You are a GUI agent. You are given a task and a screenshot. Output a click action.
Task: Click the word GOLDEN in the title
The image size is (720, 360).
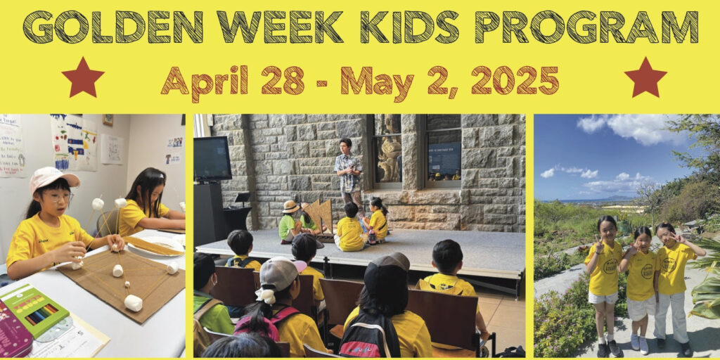112,27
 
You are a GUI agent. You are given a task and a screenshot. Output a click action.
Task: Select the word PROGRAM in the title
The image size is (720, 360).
586,27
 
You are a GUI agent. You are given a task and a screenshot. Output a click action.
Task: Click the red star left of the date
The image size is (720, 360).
83,78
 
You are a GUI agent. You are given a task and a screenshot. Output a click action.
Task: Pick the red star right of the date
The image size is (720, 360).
645,78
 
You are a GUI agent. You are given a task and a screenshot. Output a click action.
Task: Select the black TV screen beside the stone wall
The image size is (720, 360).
212,159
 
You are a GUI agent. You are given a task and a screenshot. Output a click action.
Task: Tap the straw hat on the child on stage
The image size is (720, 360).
290,207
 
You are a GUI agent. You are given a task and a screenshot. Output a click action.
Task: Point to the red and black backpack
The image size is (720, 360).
370,335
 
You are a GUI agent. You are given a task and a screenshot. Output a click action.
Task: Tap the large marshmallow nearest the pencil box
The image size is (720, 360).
133,303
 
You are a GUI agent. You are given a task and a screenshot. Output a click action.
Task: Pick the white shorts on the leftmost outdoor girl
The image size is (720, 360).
602,297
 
